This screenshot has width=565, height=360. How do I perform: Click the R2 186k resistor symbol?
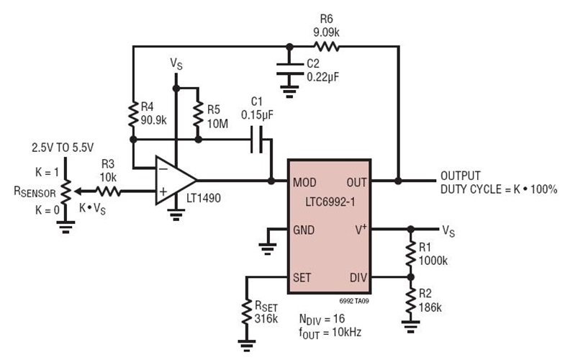(x=410, y=300)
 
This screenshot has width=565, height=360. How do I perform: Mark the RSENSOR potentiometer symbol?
(x=65, y=191)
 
